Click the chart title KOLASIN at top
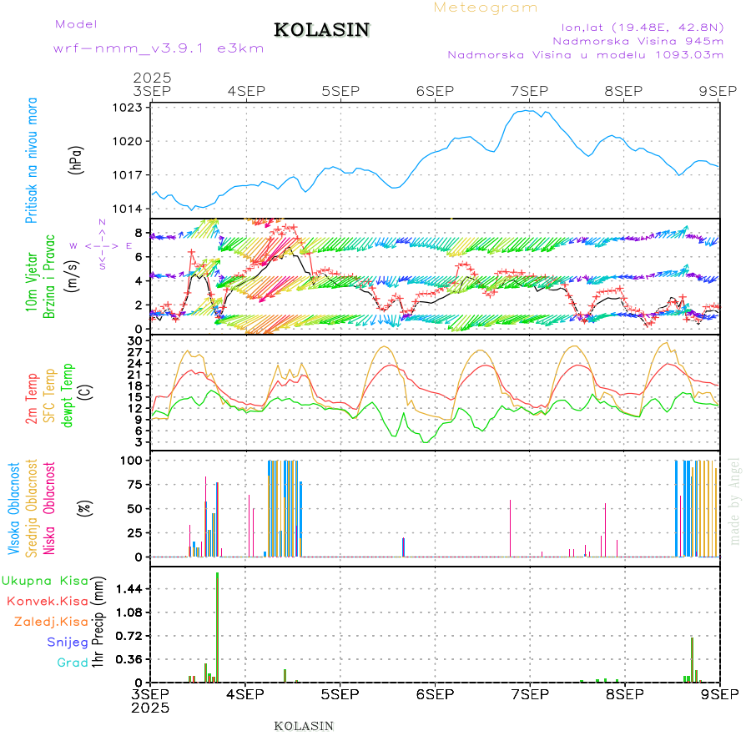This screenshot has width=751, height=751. click(321, 30)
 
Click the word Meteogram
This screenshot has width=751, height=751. click(486, 8)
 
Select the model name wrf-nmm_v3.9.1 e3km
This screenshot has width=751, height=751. click(159, 48)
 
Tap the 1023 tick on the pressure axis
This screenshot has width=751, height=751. click(131, 108)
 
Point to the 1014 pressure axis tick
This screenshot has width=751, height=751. click(131, 209)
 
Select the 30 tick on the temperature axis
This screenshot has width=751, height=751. click(135, 340)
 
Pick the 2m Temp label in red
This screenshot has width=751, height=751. click(32, 400)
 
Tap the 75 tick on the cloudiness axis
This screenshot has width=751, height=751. click(134, 484)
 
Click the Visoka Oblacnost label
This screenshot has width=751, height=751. click(15, 509)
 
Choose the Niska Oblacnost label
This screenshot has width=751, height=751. click(50, 509)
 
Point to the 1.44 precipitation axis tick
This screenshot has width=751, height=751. click(129, 588)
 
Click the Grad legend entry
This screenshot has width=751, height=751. click(73, 663)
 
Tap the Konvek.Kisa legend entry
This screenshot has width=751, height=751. click(48, 601)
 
